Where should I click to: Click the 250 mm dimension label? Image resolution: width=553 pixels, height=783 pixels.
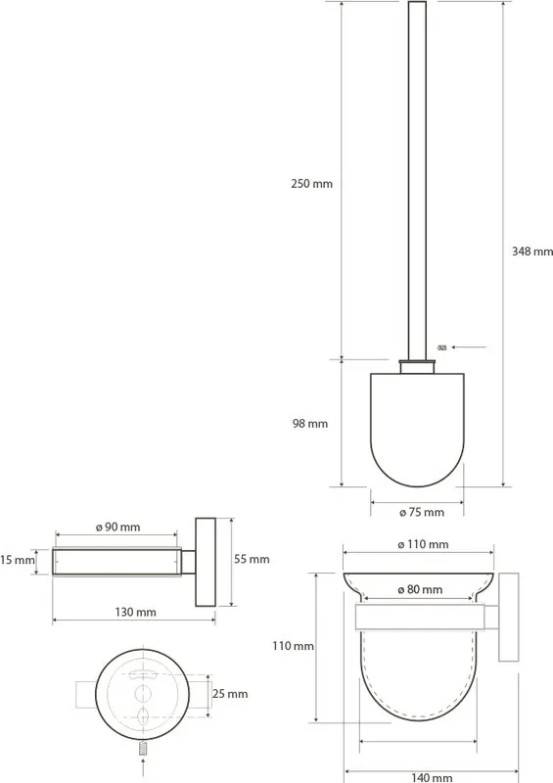pyautogui.click(x=311, y=184)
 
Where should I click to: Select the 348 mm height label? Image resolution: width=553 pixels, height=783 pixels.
pyautogui.click(x=532, y=252)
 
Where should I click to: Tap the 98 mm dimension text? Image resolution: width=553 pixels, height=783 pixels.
pyautogui.click(x=309, y=424)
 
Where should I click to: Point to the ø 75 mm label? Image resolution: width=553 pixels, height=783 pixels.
pyautogui.click(x=422, y=512)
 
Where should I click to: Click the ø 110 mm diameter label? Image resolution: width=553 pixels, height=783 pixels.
pyautogui.click(x=423, y=544)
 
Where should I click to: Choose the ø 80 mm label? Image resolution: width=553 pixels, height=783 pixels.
pyautogui.click(x=420, y=590)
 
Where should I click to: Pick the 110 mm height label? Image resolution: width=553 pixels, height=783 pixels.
pyautogui.click(x=293, y=646)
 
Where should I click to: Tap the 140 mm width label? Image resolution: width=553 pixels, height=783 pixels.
pyautogui.click(x=432, y=777)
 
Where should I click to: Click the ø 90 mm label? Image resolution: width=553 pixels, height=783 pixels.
pyautogui.click(x=117, y=528)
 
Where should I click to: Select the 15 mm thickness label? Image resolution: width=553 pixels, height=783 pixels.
pyautogui.click(x=18, y=560)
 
